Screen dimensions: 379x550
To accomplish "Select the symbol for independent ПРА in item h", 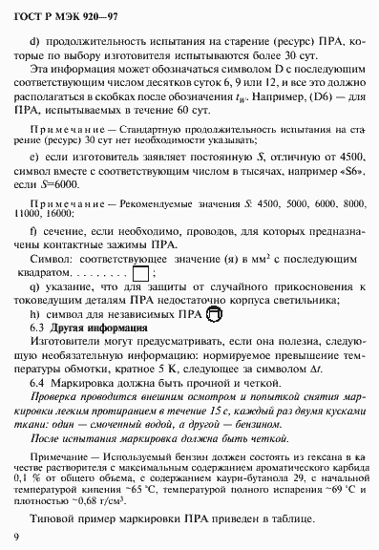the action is (x=213, y=313).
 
